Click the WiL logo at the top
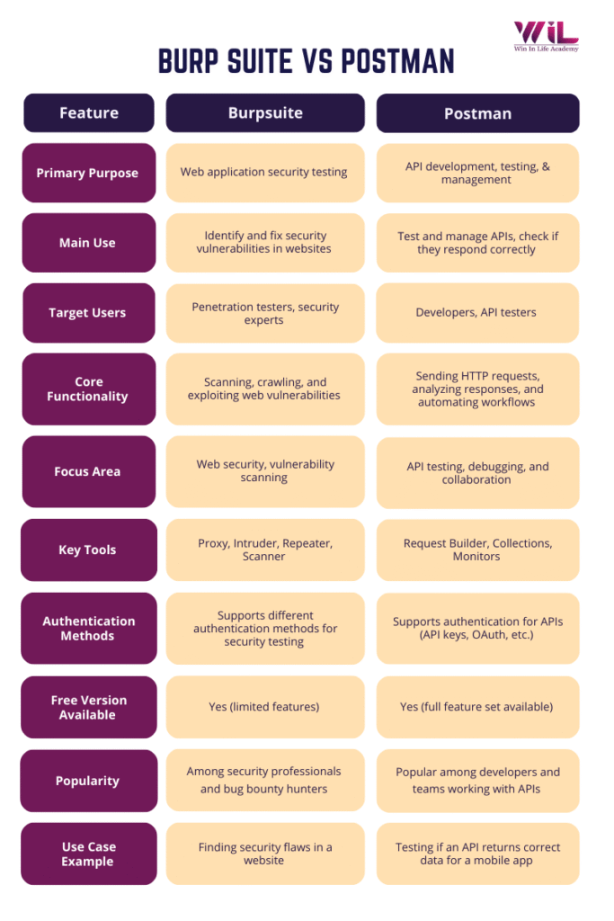click(x=546, y=35)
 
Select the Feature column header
click(x=88, y=113)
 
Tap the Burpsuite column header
click(x=265, y=113)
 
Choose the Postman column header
click(x=477, y=113)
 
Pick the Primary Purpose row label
click(x=88, y=173)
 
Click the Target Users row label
click(x=88, y=313)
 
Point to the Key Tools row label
click(x=88, y=550)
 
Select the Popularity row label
click(x=88, y=781)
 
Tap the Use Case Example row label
click(x=88, y=854)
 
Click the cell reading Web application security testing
click(x=264, y=172)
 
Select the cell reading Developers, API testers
click(x=476, y=313)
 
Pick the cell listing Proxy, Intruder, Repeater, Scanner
click(x=265, y=550)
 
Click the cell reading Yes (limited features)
click(x=265, y=707)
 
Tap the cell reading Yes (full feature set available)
click(x=476, y=707)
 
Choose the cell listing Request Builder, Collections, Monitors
click(x=476, y=550)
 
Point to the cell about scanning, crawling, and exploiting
click(x=264, y=389)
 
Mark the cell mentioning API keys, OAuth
click(x=476, y=628)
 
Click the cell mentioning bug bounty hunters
click(x=264, y=780)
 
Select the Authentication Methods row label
click(x=88, y=628)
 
